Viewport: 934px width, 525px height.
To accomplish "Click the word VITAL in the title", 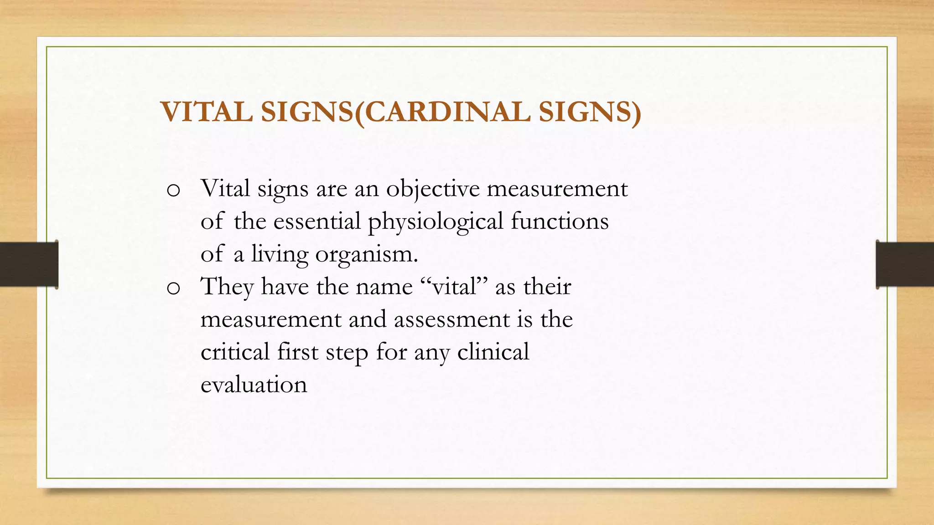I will click(207, 112).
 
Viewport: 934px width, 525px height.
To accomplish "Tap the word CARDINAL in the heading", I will click(448, 112).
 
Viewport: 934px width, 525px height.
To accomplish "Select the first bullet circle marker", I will click(173, 190).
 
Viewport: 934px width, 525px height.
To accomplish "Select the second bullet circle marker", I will click(173, 288).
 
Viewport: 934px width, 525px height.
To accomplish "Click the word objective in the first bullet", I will click(433, 189).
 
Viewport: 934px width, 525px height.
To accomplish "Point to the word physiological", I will click(436, 222).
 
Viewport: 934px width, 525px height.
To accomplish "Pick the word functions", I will click(560, 221).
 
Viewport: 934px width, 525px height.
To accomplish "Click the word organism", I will click(366, 255).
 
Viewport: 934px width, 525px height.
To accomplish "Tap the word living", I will click(280, 254).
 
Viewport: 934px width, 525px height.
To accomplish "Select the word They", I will click(227, 287).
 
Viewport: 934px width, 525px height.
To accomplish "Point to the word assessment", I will click(451, 319).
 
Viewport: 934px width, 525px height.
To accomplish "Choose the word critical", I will click(235, 352).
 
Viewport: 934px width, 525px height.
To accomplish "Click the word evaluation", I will click(254, 385).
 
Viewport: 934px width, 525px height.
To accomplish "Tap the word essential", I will click(317, 221).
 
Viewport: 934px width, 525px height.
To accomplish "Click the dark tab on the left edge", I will click(29, 264).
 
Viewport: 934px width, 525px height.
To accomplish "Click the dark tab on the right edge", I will click(905, 264).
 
